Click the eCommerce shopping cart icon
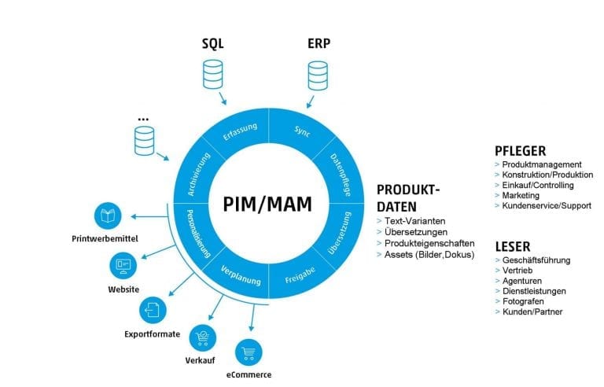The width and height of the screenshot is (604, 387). [249, 351]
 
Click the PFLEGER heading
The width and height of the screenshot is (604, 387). [520, 149]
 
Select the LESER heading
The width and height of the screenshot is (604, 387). [512, 245]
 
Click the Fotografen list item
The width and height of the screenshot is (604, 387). [522, 301]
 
